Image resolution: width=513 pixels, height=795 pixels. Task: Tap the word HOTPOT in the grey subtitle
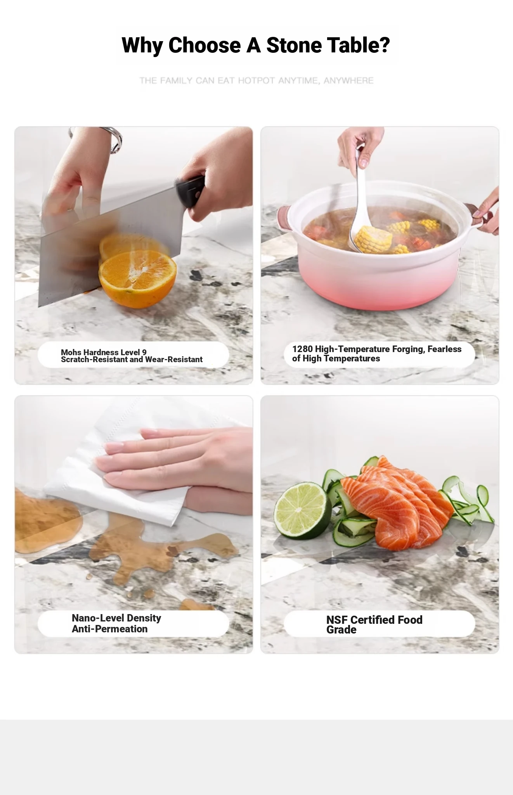coord(256,81)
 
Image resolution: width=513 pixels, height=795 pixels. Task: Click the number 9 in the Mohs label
coord(144,352)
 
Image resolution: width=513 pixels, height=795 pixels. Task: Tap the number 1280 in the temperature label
coord(302,349)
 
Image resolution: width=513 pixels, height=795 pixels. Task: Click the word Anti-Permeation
coord(110,629)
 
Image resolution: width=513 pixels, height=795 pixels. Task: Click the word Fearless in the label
coord(445,349)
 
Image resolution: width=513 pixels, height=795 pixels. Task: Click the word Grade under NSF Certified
coord(341,630)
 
